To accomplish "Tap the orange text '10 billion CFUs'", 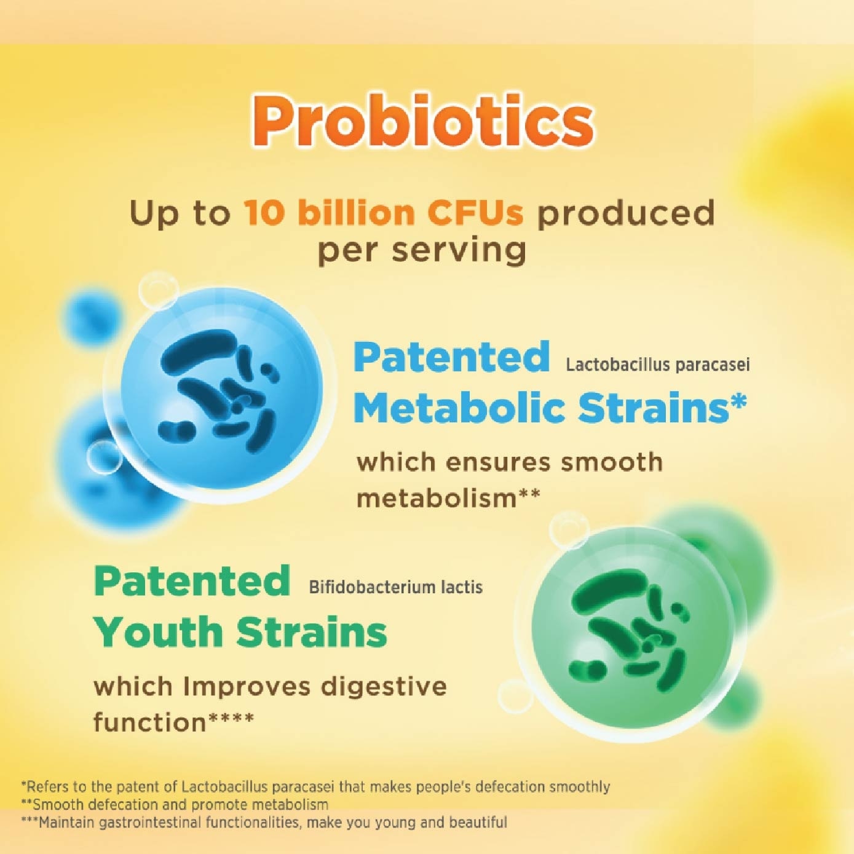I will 384,213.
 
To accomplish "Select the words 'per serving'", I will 422,251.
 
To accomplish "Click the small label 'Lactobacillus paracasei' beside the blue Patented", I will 657,365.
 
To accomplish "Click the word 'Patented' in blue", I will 451,357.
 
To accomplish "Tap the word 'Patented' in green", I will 191,581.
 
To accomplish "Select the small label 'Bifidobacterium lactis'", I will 395,587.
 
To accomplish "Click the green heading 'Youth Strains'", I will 240,632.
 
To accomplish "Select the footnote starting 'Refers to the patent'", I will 315,786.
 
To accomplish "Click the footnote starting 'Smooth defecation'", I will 175,804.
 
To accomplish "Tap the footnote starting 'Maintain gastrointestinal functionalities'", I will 264,822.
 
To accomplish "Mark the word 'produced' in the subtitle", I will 626,213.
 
